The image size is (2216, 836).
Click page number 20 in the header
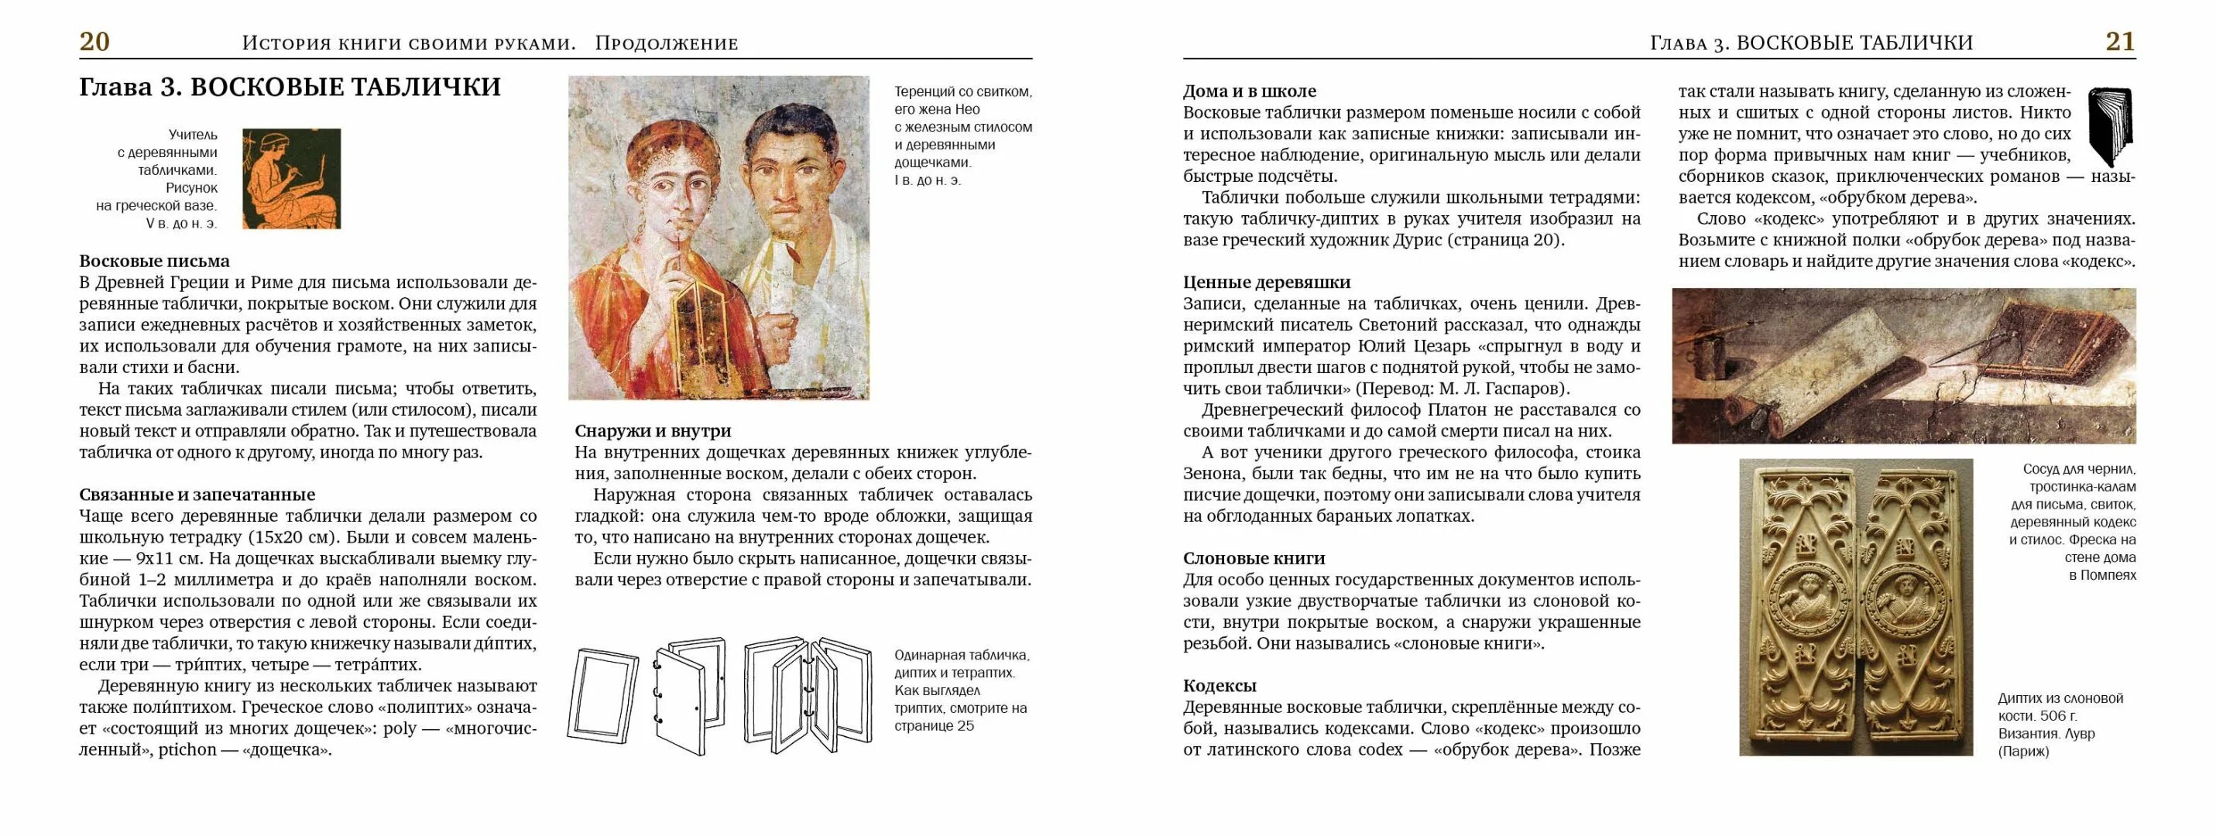[94, 41]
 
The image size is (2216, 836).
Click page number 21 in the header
[2120, 41]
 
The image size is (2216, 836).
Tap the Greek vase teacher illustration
[291, 178]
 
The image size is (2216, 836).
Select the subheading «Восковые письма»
[155, 261]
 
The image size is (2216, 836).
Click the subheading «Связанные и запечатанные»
[197, 495]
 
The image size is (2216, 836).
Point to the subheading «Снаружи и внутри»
[653, 431]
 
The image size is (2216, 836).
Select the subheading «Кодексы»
[1219, 686]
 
